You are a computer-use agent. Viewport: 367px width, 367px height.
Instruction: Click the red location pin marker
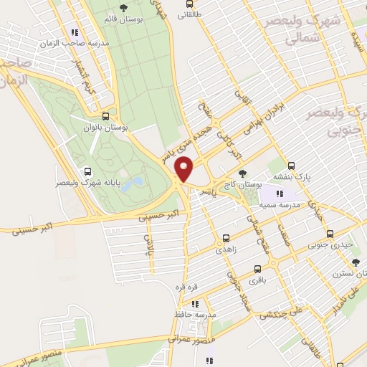point(185,168)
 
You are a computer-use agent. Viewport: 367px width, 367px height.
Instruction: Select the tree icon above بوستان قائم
point(124,8)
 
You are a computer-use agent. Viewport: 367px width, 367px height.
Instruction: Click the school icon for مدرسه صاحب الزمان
point(74,32)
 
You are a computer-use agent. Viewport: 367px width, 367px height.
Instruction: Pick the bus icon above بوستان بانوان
point(105,116)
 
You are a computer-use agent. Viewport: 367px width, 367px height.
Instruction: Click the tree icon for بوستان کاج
point(242,173)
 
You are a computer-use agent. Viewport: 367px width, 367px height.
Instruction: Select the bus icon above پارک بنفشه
point(291,165)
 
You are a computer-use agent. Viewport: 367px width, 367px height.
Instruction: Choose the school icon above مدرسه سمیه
point(280,194)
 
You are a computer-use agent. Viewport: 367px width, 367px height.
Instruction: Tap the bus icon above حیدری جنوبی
point(330,234)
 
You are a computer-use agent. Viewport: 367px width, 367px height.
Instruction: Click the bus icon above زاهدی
point(226,239)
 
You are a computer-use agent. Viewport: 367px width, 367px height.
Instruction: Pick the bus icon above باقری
point(257,271)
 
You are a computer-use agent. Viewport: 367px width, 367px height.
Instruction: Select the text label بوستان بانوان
point(106,128)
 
